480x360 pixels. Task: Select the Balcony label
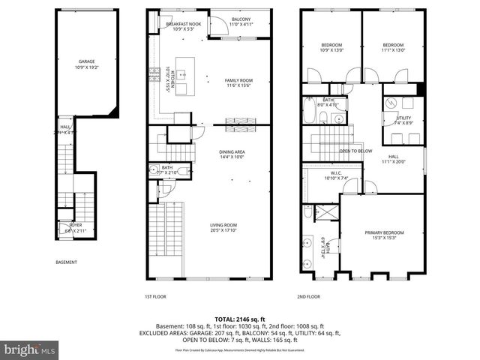tap(241, 21)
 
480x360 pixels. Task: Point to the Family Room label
tap(240, 82)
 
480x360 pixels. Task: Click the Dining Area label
tap(232, 154)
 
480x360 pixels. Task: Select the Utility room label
tap(403, 120)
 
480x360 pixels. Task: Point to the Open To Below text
tap(355, 151)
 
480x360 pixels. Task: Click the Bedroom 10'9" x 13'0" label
tap(331, 47)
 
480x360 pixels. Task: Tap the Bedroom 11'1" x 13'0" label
tap(393, 47)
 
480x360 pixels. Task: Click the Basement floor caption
tap(67, 262)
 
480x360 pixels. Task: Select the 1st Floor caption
tap(155, 296)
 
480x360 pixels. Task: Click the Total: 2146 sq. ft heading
tap(239, 319)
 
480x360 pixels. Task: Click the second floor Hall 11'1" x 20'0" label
tap(399, 158)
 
